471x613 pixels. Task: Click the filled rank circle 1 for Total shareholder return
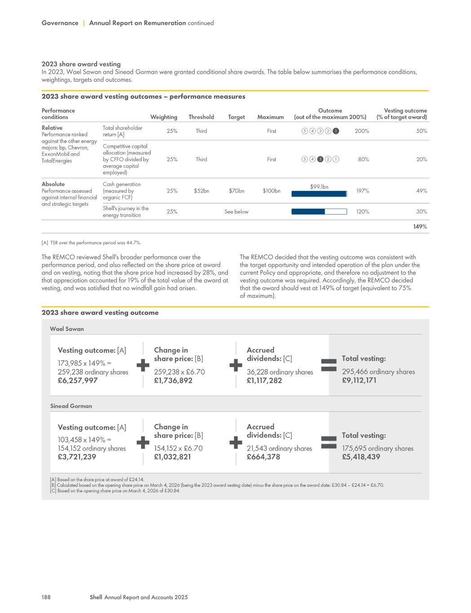click(x=336, y=131)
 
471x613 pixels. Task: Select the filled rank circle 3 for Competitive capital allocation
click(x=320, y=159)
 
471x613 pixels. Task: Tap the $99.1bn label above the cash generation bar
click(x=319, y=187)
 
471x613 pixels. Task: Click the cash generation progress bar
click(x=319, y=194)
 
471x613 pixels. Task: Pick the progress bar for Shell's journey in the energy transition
click(x=319, y=212)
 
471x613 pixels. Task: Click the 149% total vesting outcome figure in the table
click(x=420, y=227)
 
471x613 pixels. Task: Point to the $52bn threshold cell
click(x=201, y=191)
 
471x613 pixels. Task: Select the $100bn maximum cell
click(x=271, y=191)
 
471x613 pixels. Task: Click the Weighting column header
click(x=164, y=117)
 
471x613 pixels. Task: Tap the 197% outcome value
click(x=362, y=191)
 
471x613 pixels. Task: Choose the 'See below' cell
click(x=236, y=212)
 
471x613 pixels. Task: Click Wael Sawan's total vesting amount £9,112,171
click(x=359, y=380)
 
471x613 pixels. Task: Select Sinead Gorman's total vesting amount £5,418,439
click(x=361, y=457)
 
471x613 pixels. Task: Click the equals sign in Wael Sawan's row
click(x=329, y=365)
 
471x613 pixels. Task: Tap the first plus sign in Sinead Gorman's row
click(x=143, y=442)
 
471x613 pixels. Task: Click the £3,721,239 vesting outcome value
click(x=77, y=457)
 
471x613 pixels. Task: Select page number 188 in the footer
click(x=46, y=597)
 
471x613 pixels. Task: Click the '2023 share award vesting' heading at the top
click(x=81, y=64)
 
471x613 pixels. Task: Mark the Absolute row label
click(x=53, y=184)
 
